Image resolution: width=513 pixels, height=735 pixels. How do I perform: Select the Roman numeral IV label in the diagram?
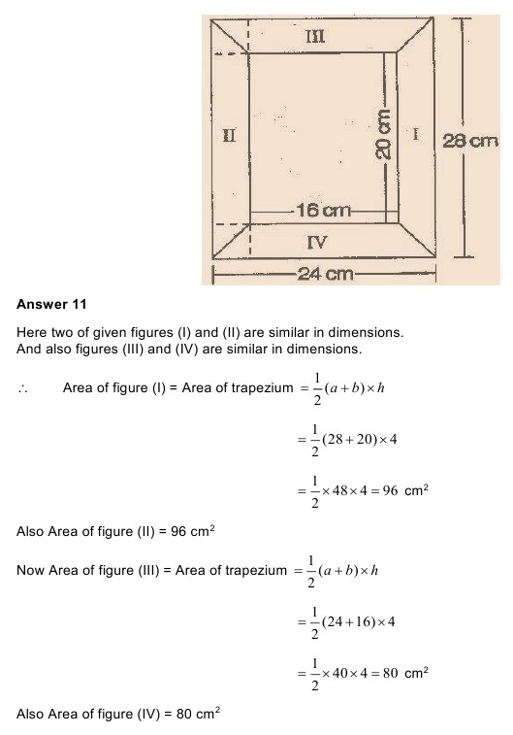click(x=316, y=242)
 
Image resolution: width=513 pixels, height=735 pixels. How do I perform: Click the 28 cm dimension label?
click(x=470, y=142)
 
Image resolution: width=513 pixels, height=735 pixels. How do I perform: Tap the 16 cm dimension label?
click(x=323, y=211)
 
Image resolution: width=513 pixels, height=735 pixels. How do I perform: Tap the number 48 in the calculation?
click(x=353, y=492)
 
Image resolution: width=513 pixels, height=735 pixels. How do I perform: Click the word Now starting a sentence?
click(x=31, y=571)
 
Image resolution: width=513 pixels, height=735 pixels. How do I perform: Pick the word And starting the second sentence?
click(x=30, y=349)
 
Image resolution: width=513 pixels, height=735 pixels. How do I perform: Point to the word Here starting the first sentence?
click(x=32, y=333)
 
